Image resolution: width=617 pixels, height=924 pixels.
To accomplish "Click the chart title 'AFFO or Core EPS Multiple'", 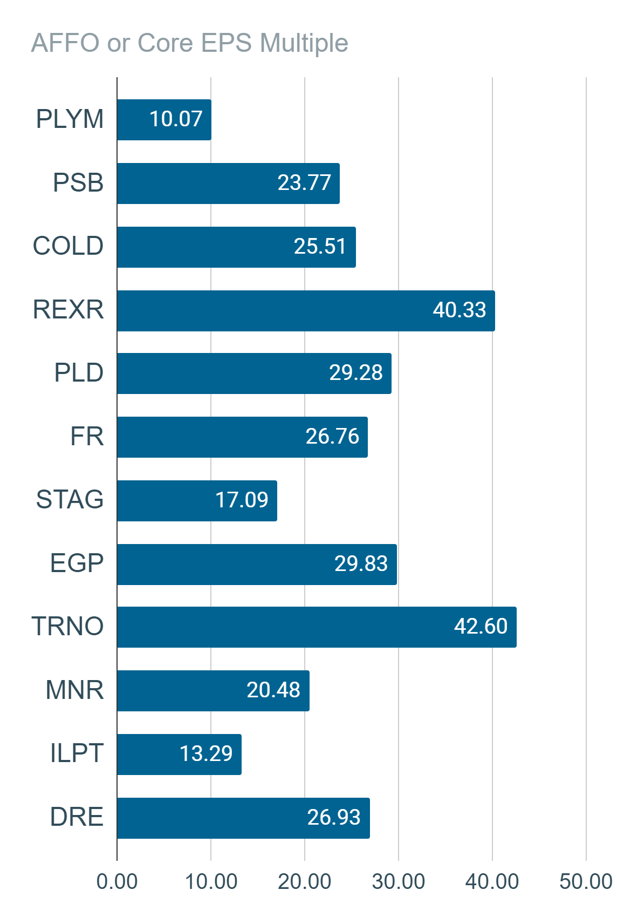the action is pyautogui.click(x=190, y=43).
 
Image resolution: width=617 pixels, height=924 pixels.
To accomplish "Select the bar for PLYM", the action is pyautogui.click(x=164, y=120).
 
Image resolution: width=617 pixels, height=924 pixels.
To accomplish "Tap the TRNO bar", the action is pyautogui.click(x=317, y=627).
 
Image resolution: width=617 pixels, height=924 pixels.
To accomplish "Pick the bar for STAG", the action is pyautogui.click(x=197, y=501).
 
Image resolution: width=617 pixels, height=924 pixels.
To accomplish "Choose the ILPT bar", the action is pyautogui.click(x=179, y=755).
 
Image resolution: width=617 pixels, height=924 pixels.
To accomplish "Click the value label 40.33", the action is pyautogui.click(x=459, y=310).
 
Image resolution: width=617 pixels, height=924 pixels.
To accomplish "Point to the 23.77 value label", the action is pyautogui.click(x=304, y=183).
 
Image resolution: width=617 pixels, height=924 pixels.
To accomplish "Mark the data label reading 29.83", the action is pyautogui.click(x=361, y=563).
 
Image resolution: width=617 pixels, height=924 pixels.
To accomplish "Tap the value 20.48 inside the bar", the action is pyautogui.click(x=273, y=690).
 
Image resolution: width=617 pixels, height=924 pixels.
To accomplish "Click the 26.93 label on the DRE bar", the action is pyautogui.click(x=334, y=817).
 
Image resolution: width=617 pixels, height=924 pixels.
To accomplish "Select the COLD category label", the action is pyautogui.click(x=68, y=246).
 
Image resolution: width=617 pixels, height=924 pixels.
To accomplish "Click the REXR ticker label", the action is pyautogui.click(x=68, y=309).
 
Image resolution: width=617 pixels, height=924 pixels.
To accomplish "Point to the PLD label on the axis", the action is pyautogui.click(x=79, y=373).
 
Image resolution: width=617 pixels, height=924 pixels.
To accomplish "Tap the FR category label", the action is pyautogui.click(x=87, y=437).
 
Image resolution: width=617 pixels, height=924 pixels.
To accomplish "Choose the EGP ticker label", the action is pyautogui.click(x=77, y=563).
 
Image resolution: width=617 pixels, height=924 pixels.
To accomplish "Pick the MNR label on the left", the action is pyautogui.click(x=74, y=690).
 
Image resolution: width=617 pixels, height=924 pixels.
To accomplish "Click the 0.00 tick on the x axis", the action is pyautogui.click(x=117, y=882).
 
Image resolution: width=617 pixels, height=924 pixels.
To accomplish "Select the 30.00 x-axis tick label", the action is pyautogui.click(x=399, y=882).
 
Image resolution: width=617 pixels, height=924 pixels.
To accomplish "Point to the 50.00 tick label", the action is pyautogui.click(x=586, y=882).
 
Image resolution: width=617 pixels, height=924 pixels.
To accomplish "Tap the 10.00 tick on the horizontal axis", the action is pyautogui.click(x=211, y=882).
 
